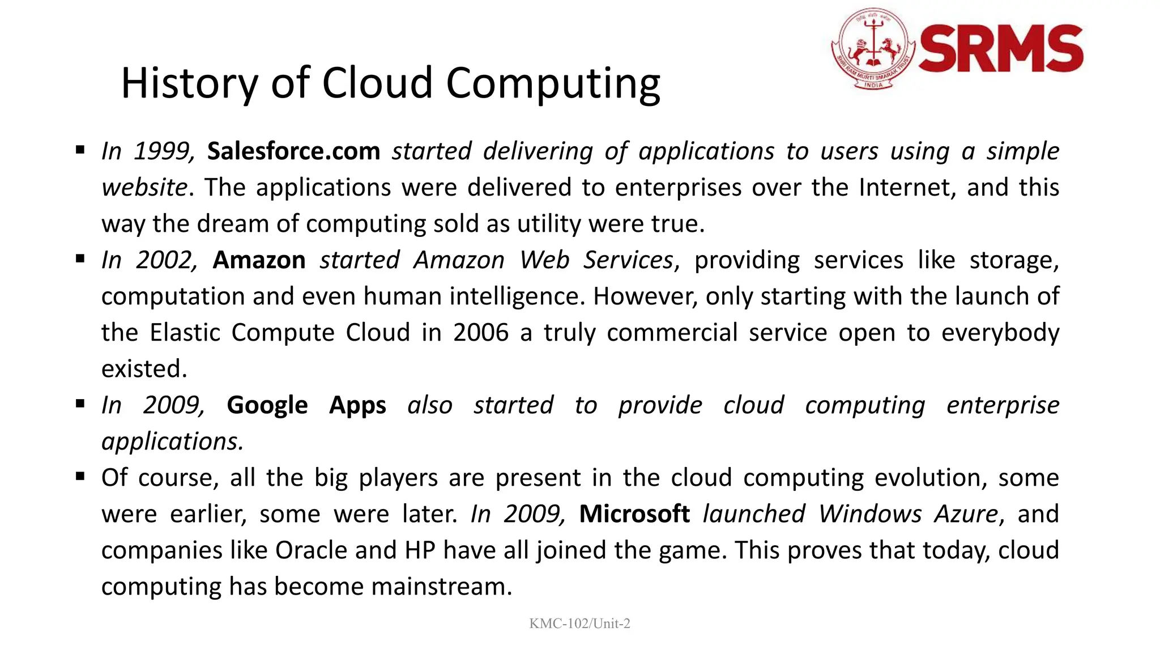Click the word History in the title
(189, 83)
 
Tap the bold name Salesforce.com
(293, 151)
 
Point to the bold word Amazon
(259, 260)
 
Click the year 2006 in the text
(480, 333)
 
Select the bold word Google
(267, 405)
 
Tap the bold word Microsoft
(634, 514)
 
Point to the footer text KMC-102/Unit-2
(579, 624)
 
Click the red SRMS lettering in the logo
(1001, 49)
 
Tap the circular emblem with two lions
(873, 49)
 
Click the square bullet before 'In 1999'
(80, 150)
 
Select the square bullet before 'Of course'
(80, 477)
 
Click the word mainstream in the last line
(441, 587)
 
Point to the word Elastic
(184, 333)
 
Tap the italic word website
(144, 188)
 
